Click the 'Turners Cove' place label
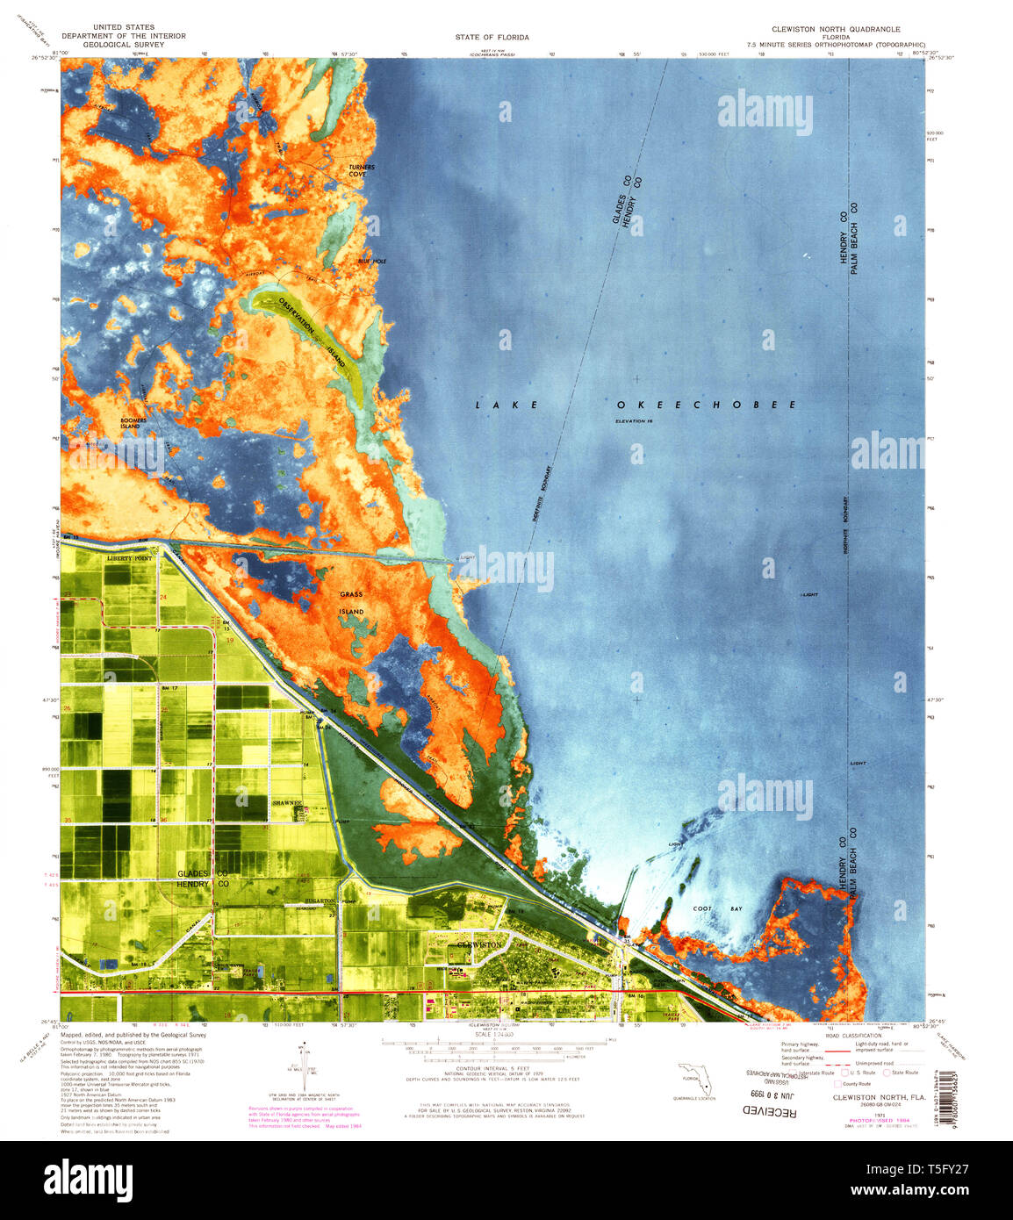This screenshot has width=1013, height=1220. (361, 170)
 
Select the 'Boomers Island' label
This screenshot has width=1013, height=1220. (133, 423)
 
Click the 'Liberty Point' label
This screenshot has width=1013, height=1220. (129, 558)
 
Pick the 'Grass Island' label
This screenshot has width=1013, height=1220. (352, 602)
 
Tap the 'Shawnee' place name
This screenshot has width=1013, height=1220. (287, 802)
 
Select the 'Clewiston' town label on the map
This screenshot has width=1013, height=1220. (479, 944)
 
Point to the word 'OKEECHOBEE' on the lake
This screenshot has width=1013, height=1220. (706, 405)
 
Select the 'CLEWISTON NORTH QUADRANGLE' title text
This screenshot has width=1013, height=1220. (835, 29)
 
